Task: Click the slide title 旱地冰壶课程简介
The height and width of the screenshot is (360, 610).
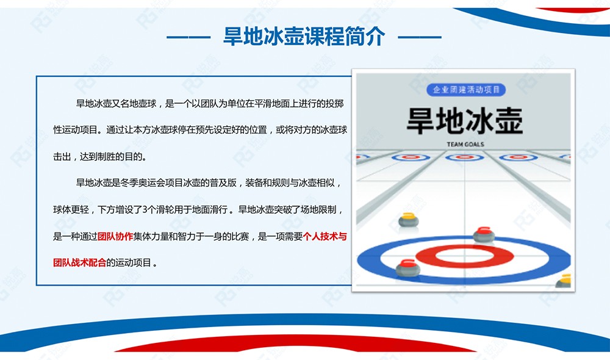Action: [x=304, y=36]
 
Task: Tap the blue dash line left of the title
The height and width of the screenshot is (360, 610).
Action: [x=188, y=37]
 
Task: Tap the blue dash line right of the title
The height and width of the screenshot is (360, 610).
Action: [x=420, y=37]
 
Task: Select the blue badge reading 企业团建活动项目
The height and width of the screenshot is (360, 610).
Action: [x=466, y=90]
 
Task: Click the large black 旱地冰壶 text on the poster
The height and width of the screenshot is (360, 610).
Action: [x=465, y=121]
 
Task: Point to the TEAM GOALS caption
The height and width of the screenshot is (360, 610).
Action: [x=465, y=145]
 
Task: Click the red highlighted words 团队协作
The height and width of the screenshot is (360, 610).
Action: [x=115, y=236]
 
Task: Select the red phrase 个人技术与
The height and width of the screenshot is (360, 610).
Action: [x=325, y=236]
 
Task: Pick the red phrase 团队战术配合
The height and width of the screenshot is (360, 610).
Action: [x=79, y=263]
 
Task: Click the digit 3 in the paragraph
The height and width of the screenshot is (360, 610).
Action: [x=145, y=210]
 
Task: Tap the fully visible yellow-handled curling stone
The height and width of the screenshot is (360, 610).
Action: [x=409, y=220]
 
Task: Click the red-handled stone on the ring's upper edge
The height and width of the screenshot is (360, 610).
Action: [x=484, y=234]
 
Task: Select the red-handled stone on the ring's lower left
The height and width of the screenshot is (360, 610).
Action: [x=407, y=268]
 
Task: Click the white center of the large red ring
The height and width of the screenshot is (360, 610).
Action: [x=464, y=256]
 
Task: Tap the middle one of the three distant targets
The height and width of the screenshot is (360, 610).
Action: [x=464, y=157]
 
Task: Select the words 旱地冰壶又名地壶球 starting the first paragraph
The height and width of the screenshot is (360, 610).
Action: [x=117, y=104]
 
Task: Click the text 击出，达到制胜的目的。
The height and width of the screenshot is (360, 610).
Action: [x=101, y=157]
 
